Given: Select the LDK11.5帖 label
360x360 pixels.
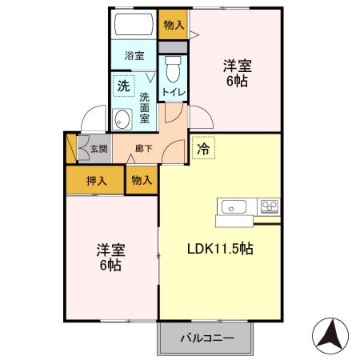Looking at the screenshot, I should (220, 250).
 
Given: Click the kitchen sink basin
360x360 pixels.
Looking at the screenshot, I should (234, 207).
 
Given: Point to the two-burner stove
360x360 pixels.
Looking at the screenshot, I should (268, 206).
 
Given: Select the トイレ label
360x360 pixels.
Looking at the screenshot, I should (174, 93).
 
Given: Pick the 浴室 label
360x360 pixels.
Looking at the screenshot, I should (134, 56).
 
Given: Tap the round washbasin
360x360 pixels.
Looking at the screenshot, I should (122, 121).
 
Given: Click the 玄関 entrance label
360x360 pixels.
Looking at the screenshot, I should (98, 148).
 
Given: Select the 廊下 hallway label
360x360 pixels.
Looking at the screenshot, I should (144, 148).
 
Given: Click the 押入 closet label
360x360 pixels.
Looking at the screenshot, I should (95, 181).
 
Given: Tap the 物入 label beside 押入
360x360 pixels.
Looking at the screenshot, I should (141, 181).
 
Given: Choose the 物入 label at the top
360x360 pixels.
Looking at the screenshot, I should (174, 25).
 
